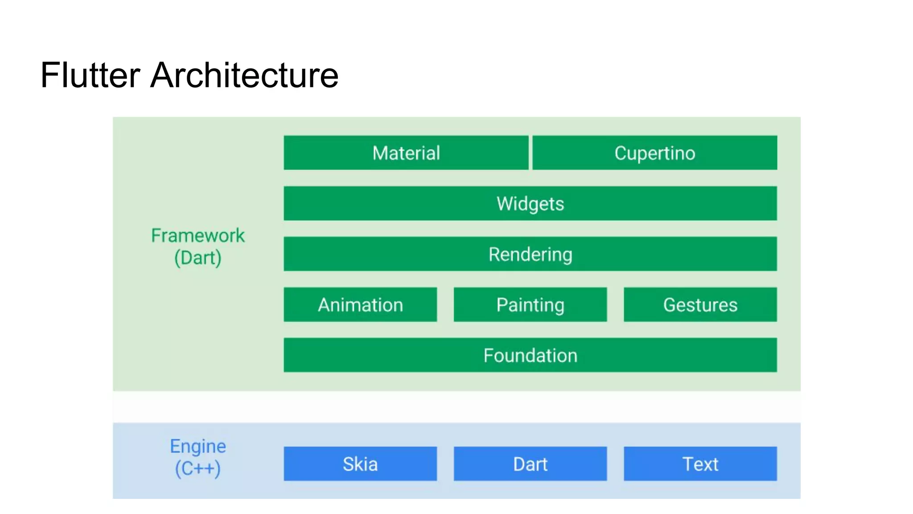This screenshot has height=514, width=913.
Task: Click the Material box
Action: [x=406, y=153]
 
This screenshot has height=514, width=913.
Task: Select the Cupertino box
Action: [x=654, y=153]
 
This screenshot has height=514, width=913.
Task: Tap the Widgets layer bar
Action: [x=530, y=203]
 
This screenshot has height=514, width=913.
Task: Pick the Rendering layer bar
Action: [x=530, y=254]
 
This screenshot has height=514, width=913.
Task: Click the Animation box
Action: [x=360, y=304]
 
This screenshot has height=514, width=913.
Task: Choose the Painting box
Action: [x=530, y=304]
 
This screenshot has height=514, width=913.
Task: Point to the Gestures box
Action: [x=700, y=304]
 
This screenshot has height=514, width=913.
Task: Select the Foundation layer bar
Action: [x=530, y=355]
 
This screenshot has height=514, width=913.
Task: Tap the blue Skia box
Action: [x=360, y=464]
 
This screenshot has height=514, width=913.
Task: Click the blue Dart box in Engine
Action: [x=530, y=464]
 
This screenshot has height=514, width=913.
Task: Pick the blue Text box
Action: [x=700, y=464]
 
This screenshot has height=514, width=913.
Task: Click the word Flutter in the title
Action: [x=90, y=75]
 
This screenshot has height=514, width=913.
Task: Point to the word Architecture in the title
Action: [x=244, y=75]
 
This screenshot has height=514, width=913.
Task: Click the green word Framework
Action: [x=198, y=235]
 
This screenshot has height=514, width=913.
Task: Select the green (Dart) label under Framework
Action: [x=198, y=258]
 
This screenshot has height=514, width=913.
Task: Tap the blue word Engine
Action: [x=198, y=446]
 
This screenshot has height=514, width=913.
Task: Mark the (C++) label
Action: [x=198, y=468]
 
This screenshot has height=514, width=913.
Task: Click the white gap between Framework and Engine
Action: [x=456, y=407]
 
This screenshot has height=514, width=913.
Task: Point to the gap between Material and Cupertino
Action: [x=531, y=153]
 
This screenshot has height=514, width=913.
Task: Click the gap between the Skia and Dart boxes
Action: [x=445, y=464]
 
